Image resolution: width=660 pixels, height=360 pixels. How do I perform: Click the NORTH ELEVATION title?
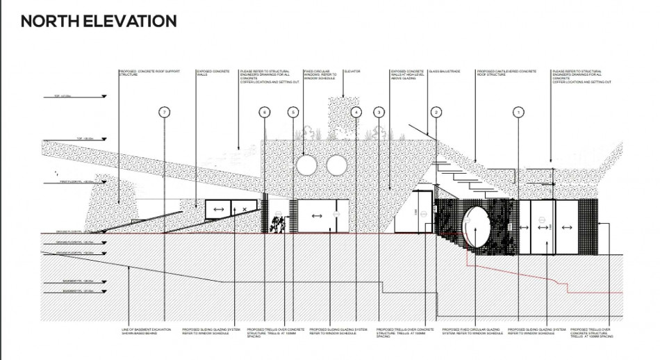point(98,21)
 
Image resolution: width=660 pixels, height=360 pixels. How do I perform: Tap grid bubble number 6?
point(264,112)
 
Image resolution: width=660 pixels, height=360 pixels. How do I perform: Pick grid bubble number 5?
point(292,112)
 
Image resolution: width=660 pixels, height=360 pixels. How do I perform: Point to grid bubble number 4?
point(356,112)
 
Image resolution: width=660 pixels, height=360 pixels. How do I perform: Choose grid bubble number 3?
point(379,112)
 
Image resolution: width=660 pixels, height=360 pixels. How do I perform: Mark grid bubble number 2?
point(436,112)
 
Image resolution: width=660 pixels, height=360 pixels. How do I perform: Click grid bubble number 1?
point(518,112)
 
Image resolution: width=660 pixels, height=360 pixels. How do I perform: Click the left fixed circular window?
point(306,165)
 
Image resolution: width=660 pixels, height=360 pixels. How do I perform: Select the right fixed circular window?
point(336,165)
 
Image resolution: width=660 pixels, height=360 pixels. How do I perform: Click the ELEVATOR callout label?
point(352,71)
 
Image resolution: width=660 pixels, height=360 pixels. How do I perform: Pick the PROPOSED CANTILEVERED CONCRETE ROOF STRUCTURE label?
point(506,72)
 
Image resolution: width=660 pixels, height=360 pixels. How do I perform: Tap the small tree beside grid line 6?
point(278,224)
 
